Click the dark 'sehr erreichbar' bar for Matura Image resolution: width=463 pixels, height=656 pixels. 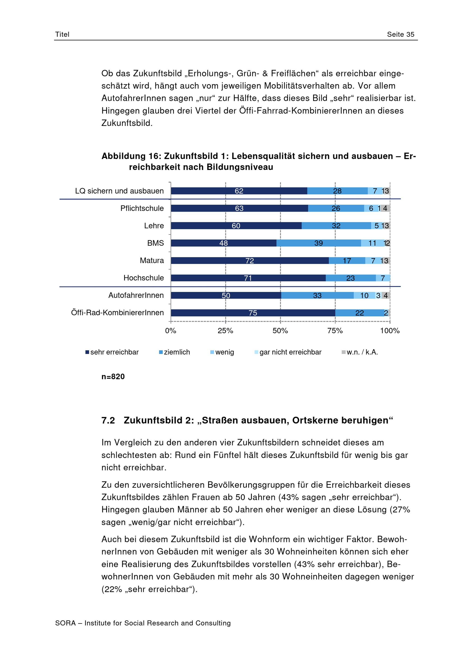point(250,260)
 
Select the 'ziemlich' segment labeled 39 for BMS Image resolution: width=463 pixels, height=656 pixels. point(319,243)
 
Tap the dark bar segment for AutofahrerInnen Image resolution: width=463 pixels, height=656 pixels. point(226,295)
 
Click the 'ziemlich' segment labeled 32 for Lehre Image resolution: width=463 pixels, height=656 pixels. point(336,226)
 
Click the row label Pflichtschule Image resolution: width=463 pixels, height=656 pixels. point(142,208)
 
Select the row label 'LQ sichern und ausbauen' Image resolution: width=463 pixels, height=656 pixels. point(119,191)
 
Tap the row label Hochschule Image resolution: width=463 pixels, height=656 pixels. point(144,278)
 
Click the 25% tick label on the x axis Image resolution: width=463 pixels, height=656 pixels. point(225,331)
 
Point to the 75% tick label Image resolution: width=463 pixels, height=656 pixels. point(335,331)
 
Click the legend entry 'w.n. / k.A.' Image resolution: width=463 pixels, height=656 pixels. point(360,352)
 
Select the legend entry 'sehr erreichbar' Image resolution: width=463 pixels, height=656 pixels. point(112,352)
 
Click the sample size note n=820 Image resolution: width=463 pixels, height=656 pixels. point(113,377)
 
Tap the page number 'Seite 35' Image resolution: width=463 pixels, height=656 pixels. point(400,34)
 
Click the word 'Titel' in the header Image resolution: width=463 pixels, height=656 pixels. point(62,34)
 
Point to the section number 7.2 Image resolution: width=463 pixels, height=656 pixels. point(108,420)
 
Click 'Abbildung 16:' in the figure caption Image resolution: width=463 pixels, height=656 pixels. point(131,156)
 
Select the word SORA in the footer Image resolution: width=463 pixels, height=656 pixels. point(65,623)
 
